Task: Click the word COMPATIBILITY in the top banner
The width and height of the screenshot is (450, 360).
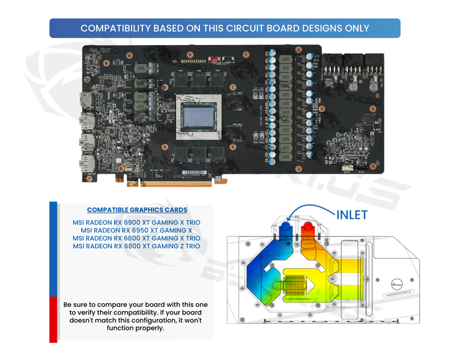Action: point(121,28)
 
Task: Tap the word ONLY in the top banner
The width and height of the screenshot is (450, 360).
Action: point(354,28)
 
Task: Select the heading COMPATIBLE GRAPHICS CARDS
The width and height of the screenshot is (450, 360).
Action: point(136,210)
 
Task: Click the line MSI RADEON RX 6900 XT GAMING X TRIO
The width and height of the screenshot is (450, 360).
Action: point(136,222)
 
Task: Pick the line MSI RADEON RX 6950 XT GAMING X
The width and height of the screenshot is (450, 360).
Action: point(136,230)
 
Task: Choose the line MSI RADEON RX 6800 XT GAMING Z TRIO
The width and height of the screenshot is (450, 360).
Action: point(136,246)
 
